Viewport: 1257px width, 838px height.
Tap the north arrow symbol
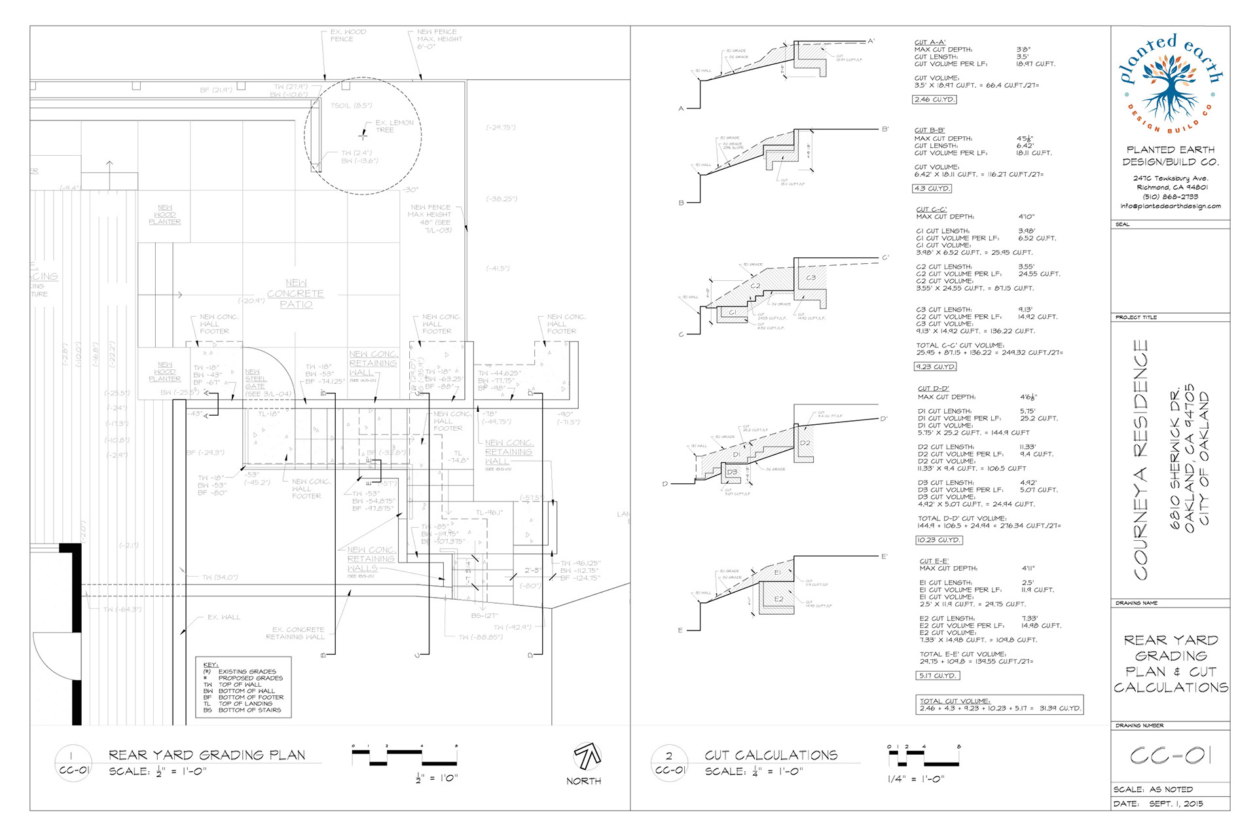tap(587, 757)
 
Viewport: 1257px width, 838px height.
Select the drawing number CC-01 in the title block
tap(1171, 756)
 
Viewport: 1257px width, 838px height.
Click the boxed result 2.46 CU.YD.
tap(934, 100)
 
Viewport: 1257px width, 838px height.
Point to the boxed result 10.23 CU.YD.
tap(939, 540)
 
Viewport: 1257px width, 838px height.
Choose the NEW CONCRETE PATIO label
tap(295, 293)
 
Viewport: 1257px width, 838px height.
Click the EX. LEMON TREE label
tap(394, 126)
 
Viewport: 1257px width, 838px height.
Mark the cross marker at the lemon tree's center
tap(363, 136)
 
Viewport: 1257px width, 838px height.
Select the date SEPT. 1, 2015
tap(1176, 803)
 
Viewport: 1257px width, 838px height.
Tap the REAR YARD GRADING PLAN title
tap(207, 755)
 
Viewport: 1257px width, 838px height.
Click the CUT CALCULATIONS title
tap(771, 755)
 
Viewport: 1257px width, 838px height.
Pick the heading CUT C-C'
tap(931, 209)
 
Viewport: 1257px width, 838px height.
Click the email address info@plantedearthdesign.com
tap(1170, 206)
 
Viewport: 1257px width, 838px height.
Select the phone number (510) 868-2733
tap(1170, 196)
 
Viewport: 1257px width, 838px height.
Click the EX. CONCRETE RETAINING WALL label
tap(295, 633)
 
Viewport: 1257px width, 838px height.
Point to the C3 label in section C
tap(811, 278)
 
